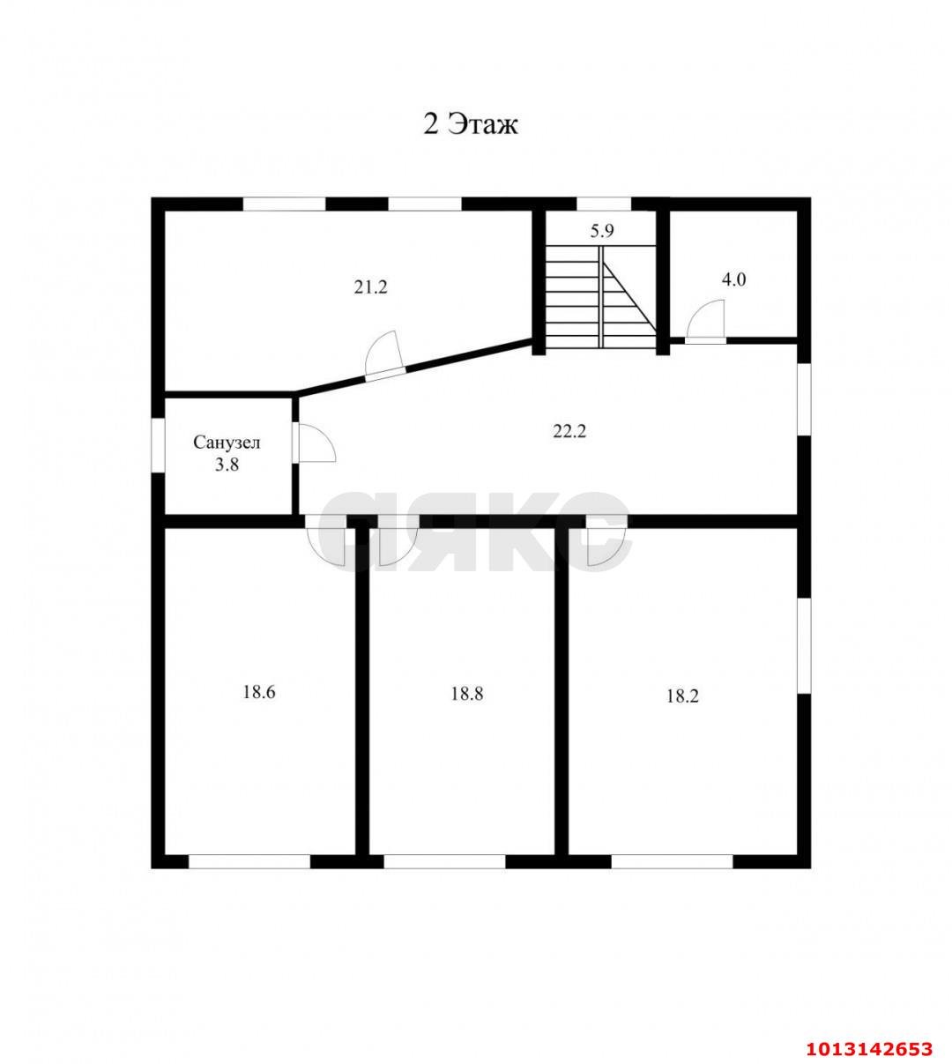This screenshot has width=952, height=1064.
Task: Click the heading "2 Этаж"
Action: [471, 125]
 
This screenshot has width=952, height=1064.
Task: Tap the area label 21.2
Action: [370, 287]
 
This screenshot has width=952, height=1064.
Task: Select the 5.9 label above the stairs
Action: [602, 231]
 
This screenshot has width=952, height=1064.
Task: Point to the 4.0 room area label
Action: [733, 280]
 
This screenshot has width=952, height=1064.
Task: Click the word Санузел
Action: [227, 443]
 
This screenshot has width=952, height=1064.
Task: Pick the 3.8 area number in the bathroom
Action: [227, 465]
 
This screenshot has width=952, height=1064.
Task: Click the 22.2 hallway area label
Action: [569, 431]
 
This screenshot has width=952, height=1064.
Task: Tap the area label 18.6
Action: [259, 692]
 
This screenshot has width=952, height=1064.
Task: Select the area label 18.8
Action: [467, 695]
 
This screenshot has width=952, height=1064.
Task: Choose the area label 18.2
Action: [682, 696]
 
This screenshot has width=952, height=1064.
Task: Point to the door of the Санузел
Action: [315, 444]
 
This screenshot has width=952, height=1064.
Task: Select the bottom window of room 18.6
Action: [249, 862]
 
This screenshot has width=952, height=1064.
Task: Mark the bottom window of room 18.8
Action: [444, 862]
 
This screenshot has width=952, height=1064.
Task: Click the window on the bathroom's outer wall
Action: [158, 445]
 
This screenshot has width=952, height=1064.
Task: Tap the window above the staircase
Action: [604, 204]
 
